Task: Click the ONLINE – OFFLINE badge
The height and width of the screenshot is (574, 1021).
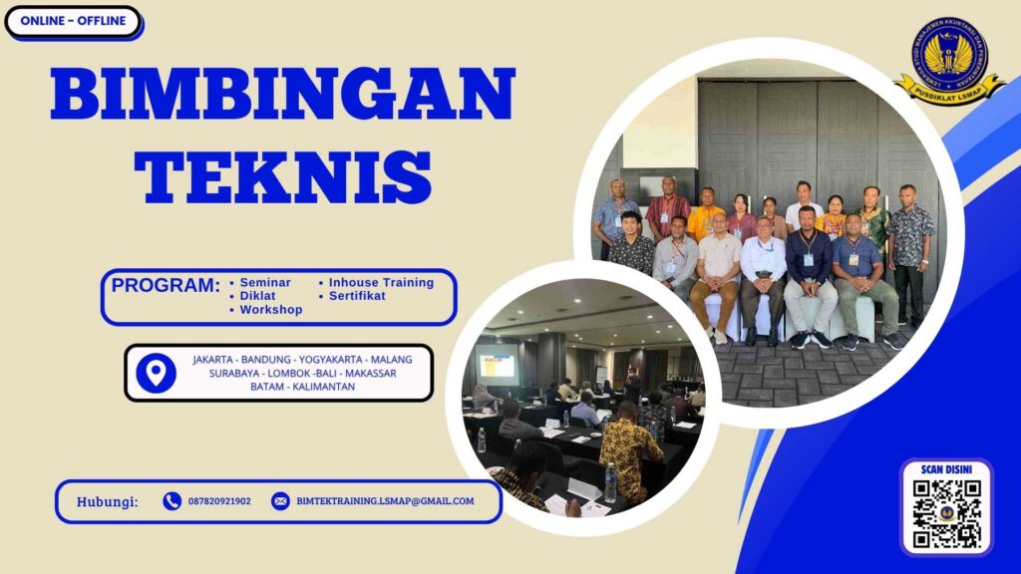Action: click(73, 21)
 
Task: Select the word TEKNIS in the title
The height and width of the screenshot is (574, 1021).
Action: click(283, 177)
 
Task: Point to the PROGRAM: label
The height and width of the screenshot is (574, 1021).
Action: click(166, 286)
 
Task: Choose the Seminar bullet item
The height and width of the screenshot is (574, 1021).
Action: click(264, 282)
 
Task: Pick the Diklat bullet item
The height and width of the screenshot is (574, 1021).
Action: click(256, 296)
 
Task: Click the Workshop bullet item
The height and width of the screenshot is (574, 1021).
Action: click(270, 310)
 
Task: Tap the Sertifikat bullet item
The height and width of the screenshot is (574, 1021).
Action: click(357, 296)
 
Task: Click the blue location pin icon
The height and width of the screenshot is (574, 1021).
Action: click(155, 373)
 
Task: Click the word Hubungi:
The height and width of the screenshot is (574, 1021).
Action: click(108, 501)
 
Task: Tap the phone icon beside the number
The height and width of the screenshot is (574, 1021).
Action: click(171, 501)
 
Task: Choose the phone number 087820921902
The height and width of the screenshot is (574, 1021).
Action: click(219, 501)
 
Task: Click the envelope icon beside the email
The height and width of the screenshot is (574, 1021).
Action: click(280, 501)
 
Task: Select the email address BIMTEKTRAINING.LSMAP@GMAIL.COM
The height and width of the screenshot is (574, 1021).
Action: click(385, 501)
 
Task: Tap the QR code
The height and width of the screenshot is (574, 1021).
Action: click(947, 514)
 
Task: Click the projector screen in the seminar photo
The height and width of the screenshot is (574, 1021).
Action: click(497, 365)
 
